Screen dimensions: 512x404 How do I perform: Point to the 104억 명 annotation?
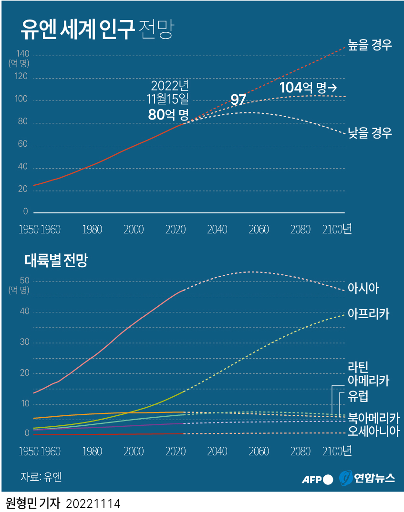click(x=308, y=88)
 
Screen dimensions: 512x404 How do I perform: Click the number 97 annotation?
click(x=238, y=100)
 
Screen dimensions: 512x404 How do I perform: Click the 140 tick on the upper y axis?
click(x=22, y=53)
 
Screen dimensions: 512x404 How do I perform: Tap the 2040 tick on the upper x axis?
click(x=217, y=230)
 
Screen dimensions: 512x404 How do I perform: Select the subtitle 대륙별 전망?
click(x=56, y=261)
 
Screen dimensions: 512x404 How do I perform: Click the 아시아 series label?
click(x=363, y=288)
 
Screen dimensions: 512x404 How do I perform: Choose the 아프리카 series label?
click(x=369, y=314)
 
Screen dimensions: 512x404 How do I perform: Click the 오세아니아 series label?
click(x=373, y=432)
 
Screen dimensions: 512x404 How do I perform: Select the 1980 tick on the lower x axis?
click(x=92, y=451)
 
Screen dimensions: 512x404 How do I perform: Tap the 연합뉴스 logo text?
click(x=374, y=479)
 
